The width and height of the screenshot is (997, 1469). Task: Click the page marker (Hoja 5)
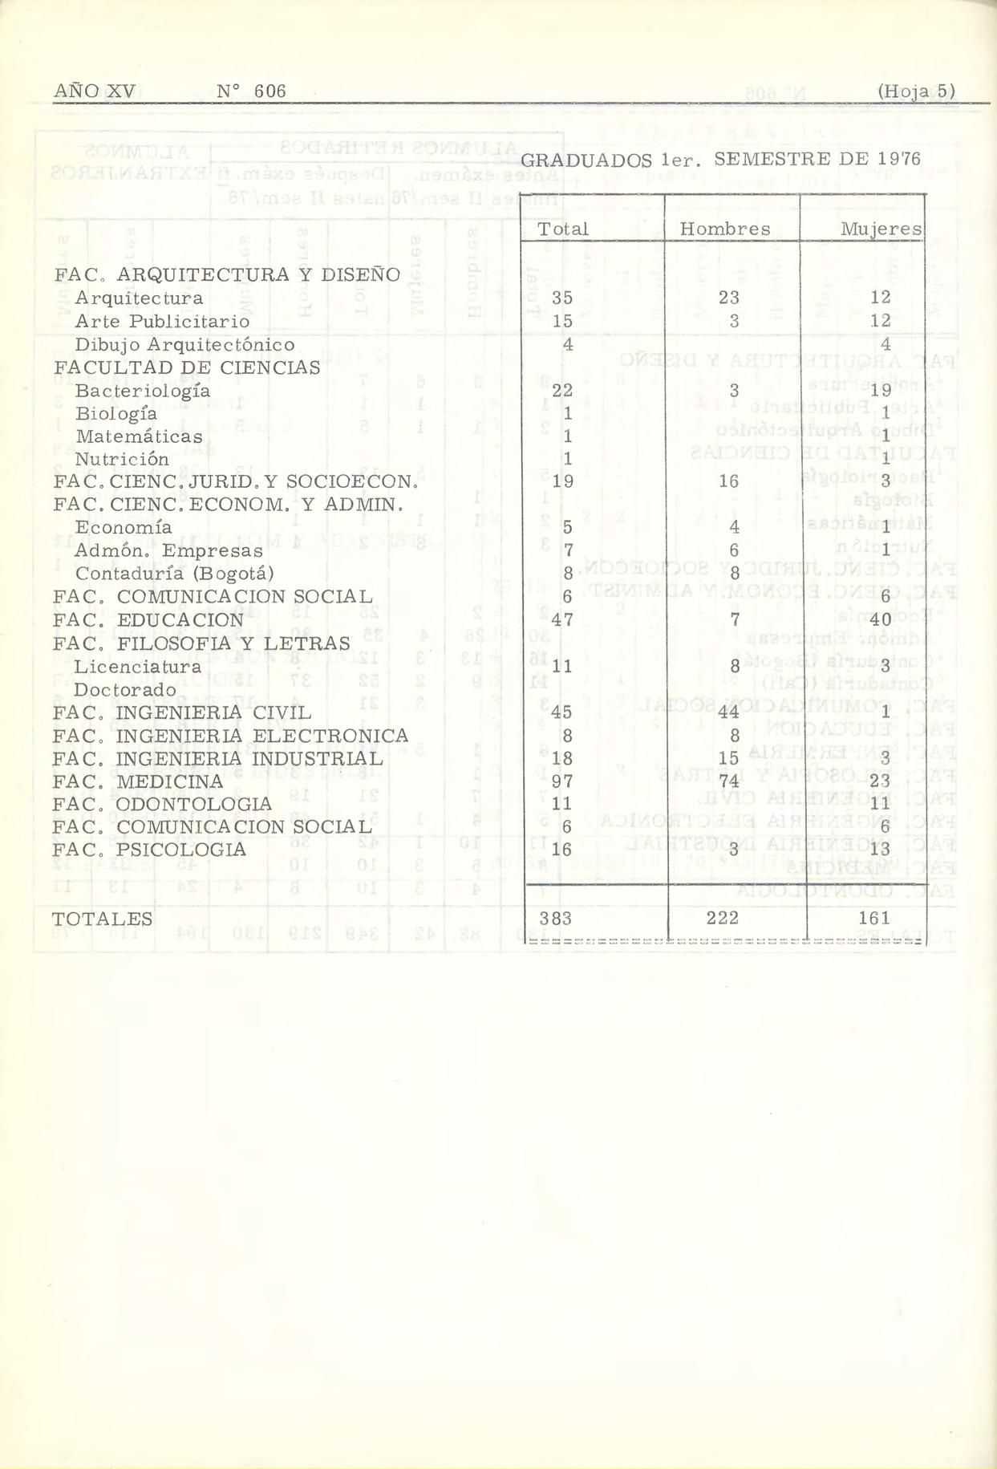point(916,91)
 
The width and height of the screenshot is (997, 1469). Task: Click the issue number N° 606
point(251,91)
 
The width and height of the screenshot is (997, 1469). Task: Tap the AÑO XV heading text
point(94,91)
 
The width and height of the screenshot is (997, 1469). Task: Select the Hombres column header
point(724,229)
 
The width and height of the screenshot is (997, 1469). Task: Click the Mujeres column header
point(881,229)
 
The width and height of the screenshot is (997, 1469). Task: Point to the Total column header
point(563,229)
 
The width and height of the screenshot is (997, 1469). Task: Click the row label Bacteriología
point(143,391)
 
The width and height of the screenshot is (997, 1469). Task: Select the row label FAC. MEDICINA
point(138,781)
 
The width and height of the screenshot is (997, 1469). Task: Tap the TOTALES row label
point(103,919)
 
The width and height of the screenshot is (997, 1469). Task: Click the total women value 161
point(874,919)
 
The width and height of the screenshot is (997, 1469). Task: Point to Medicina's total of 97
point(562,781)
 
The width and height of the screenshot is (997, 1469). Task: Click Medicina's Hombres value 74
point(729,781)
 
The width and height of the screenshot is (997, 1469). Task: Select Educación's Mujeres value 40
point(880,620)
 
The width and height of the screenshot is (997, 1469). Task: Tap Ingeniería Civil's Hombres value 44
point(729,712)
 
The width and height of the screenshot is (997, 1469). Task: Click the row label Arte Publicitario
point(162,322)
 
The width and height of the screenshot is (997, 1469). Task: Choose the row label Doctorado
point(125,690)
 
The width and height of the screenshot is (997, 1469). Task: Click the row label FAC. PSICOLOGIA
point(149,850)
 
